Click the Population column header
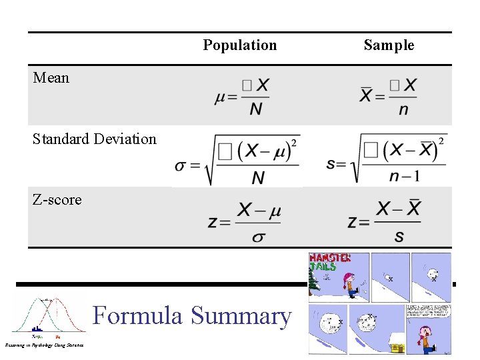(x=239, y=45)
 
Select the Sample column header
(x=389, y=45)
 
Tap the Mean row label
(x=51, y=78)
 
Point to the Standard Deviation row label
(x=95, y=139)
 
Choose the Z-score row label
(x=57, y=200)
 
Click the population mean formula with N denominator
(x=242, y=97)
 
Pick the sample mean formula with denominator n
(x=389, y=97)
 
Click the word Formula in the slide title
(x=137, y=315)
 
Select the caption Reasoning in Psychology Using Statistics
(x=44, y=345)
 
